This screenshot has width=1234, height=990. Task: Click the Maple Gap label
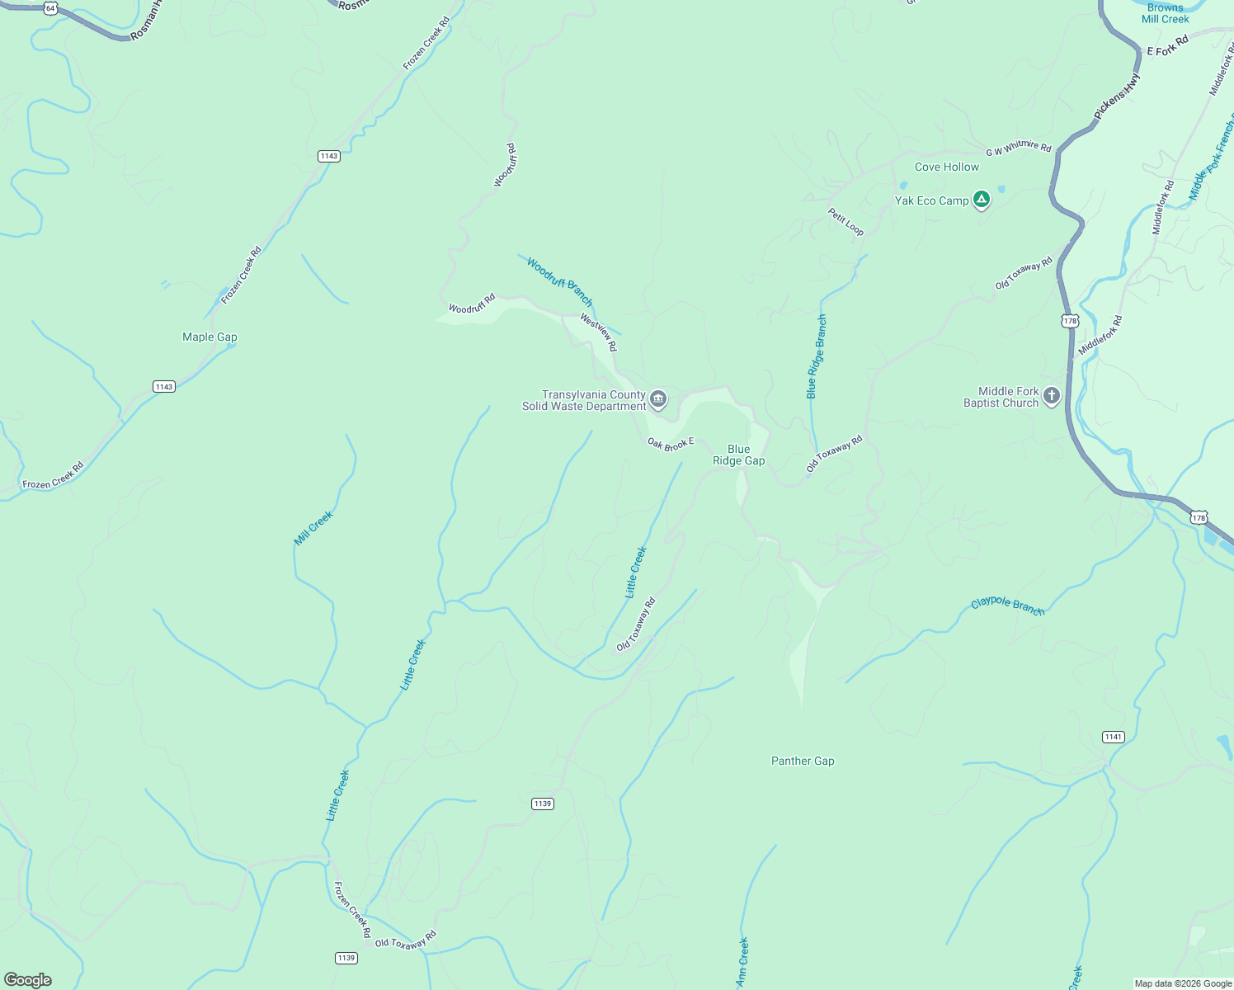210,337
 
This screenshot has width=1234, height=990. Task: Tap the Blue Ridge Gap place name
738,455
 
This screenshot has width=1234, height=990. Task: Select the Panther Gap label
803,761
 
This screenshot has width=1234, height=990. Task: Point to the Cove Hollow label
946,167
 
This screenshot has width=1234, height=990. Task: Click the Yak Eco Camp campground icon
981,200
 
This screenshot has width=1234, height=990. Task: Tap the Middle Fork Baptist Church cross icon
1051,397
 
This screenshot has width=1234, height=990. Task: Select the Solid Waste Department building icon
658,400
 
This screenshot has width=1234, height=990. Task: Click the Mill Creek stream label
313,528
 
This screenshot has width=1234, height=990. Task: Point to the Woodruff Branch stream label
559,281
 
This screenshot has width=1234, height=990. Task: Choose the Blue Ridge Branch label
817,356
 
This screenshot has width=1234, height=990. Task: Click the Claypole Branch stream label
1007,606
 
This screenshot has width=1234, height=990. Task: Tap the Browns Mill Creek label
1165,13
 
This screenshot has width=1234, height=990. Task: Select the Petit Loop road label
846,222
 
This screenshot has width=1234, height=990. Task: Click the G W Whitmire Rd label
1019,148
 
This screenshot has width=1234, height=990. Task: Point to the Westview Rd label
598,332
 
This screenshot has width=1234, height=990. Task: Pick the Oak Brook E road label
671,445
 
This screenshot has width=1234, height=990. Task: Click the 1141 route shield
1113,737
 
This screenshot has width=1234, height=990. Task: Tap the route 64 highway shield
51,8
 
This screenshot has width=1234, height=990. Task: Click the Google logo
28,980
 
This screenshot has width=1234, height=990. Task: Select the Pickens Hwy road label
1118,97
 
